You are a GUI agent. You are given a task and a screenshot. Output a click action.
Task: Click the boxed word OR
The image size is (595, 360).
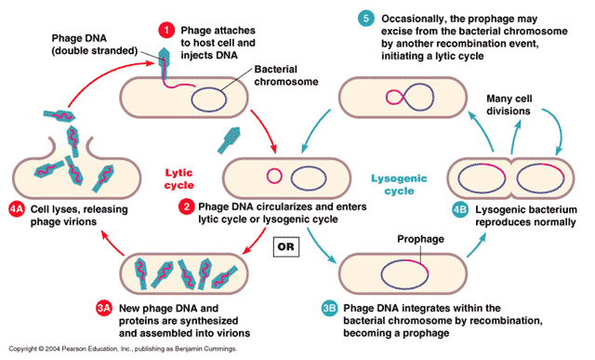coord(288,248)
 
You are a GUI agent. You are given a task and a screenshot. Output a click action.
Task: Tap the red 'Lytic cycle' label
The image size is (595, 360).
coord(179,179)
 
